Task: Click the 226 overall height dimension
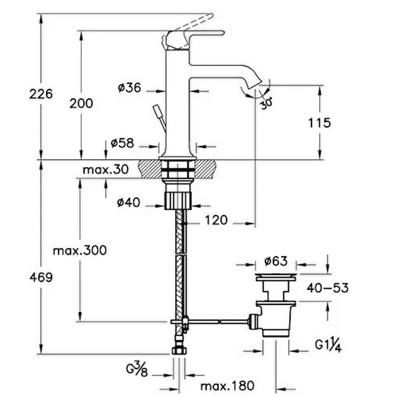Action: click(x=41, y=94)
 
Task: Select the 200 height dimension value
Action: click(x=81, y=104)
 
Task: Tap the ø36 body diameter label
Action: click(x=129, y=87)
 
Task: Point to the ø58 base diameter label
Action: click(x=122, y=143)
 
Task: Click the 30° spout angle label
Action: click(x=267, y=103)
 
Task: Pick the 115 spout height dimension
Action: click(x=320, y=123)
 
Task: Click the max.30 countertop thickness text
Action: click(x=106, y=169)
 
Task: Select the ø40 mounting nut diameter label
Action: click(x=128, y=203)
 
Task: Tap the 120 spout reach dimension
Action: click(x=216, y=220)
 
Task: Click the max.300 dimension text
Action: click(x=80, y=250)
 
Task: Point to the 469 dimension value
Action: click(x=41, y=278)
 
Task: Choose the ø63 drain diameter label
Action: click(x=275, y=261)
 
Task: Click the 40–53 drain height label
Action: click(x=327, y=288)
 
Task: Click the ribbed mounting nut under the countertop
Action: click(x=178, y=201)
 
